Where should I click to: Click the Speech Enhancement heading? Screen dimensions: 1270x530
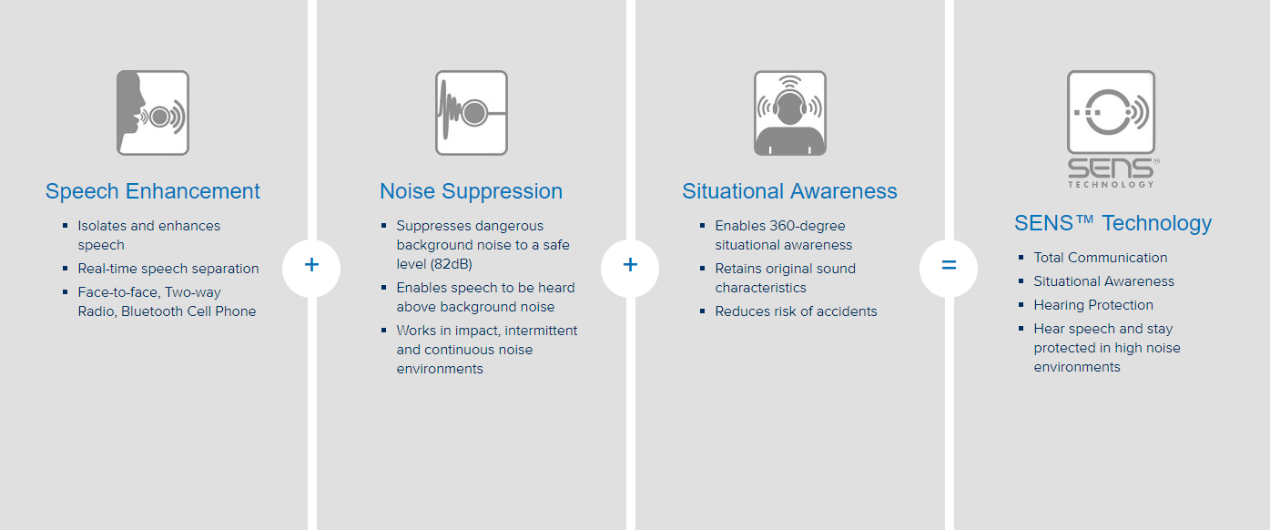click(153, 191)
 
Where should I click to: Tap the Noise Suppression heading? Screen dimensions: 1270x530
click(472, 191)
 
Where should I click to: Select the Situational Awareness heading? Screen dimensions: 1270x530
click(790, 191)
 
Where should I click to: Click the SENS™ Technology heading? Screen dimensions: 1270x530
click(1113, 223)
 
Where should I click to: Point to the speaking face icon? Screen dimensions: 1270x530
click(153, 113)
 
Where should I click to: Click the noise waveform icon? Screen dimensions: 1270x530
click(472, 113)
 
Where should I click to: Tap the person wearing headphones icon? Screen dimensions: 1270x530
click(790, 113)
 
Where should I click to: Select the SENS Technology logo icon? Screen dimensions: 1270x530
click(1112, 129)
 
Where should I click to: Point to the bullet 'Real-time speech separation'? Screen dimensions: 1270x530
click(168, 269)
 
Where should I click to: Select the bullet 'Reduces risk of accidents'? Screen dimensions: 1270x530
click(796, 311)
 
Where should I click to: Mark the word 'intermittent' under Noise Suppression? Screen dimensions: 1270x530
click(541, 331)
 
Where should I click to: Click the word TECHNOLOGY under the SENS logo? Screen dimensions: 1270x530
click(1112, 184)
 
